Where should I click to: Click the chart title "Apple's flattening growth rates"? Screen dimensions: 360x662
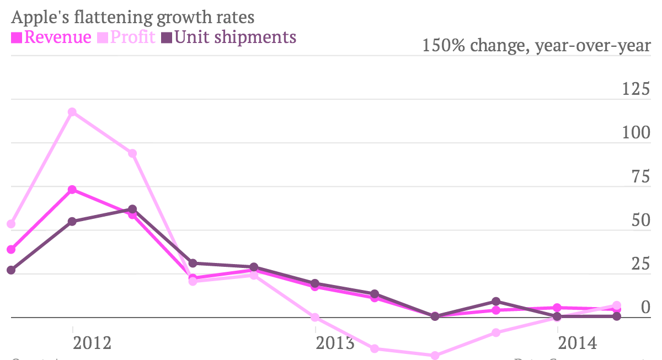[x=132, y=17]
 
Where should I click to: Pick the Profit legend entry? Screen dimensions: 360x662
[x=127, y=37]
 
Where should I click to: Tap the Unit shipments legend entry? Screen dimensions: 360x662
[x=229, y=37]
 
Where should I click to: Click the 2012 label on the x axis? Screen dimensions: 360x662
[x=92, y=343]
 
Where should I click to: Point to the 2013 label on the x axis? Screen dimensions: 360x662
[x=335, y=343]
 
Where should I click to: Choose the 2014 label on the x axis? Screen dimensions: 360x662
[x=578, y=343]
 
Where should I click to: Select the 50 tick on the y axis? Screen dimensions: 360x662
[x=640, y=220]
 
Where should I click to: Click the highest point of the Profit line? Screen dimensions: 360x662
[x=72, y=112]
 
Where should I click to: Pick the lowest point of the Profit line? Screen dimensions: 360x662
[x=435, y=356]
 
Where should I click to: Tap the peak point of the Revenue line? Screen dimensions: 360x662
[x=72, y=190]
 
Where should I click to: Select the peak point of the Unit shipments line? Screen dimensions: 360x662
[x=132, y=209]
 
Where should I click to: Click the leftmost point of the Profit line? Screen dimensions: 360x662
[x=11, y=224]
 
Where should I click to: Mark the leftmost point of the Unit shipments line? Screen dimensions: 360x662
[x=11, y=270]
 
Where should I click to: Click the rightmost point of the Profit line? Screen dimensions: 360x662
[x=617, y=305]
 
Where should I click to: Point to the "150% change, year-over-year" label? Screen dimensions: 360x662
[x=536, y=45]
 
